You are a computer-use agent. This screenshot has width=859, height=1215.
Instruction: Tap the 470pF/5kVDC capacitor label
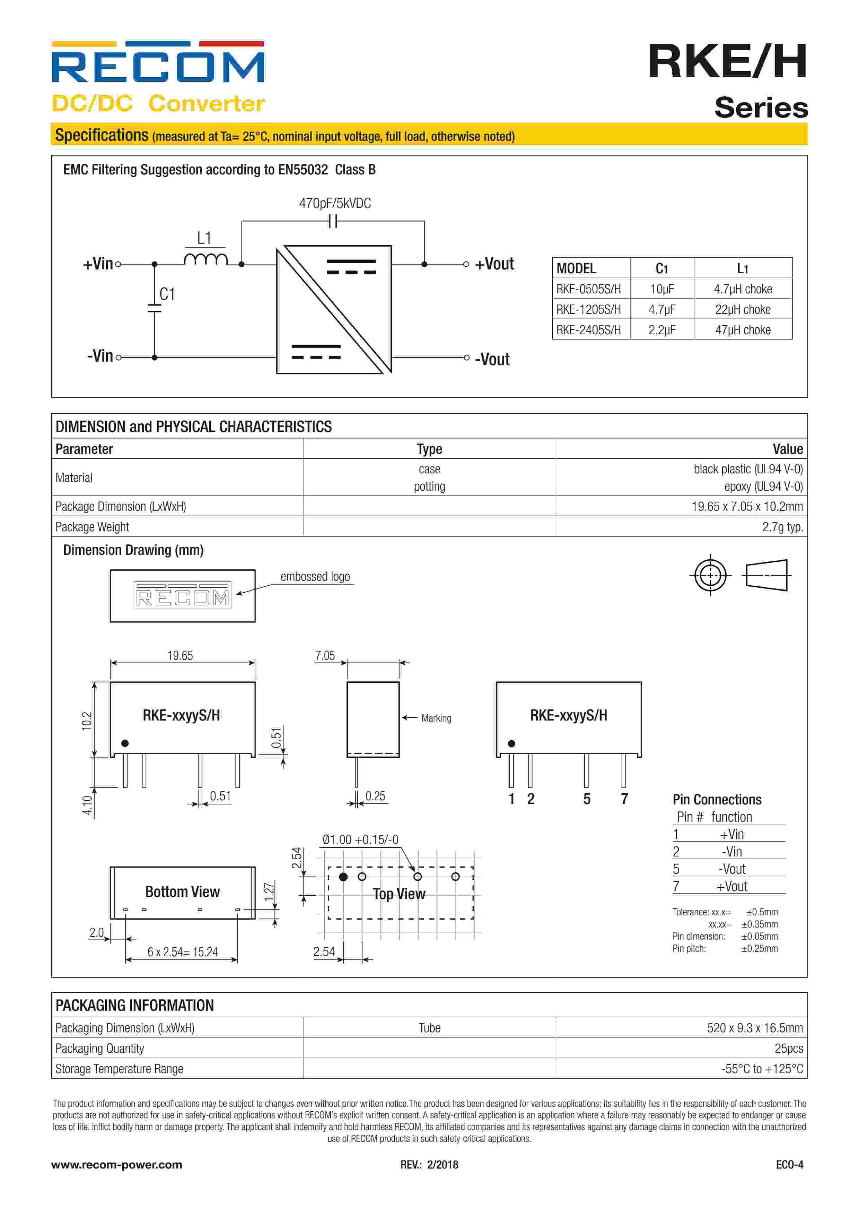pyautogui.click(x=335, y=203)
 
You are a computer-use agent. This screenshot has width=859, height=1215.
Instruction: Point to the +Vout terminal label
pyautogui.click(x=494, y=264)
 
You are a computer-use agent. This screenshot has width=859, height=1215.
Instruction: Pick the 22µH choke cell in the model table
pyautogui.click(x=742, y=310)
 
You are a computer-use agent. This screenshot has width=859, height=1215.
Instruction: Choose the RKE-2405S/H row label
pyautogui.click(x=588, y=330)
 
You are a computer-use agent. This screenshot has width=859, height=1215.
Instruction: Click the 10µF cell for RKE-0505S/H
pyautogui.click(x=662, y=289)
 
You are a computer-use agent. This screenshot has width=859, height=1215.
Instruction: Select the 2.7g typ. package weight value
pyautogui.click(x=782, y=527)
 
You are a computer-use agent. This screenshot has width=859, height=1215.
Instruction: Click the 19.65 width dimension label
pyautogui.click(x=180, y=656)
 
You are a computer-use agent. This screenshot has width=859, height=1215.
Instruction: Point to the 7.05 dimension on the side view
pyautogui.click(x=325, y=656)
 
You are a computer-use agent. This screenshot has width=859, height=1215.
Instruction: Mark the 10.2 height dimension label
pyautogui.click(x=87, y=721)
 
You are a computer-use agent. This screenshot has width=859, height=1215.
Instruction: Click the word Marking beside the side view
pyautogui.click(x=436, y=718)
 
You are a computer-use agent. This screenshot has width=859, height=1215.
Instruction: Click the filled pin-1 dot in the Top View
pyautogui.click(x=343, y=877)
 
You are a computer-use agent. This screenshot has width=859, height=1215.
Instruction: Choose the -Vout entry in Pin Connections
pyautogui.click(x=731, y=869)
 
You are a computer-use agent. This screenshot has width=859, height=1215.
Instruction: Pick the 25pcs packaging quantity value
pyautogui.click(x=788, y=1048)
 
